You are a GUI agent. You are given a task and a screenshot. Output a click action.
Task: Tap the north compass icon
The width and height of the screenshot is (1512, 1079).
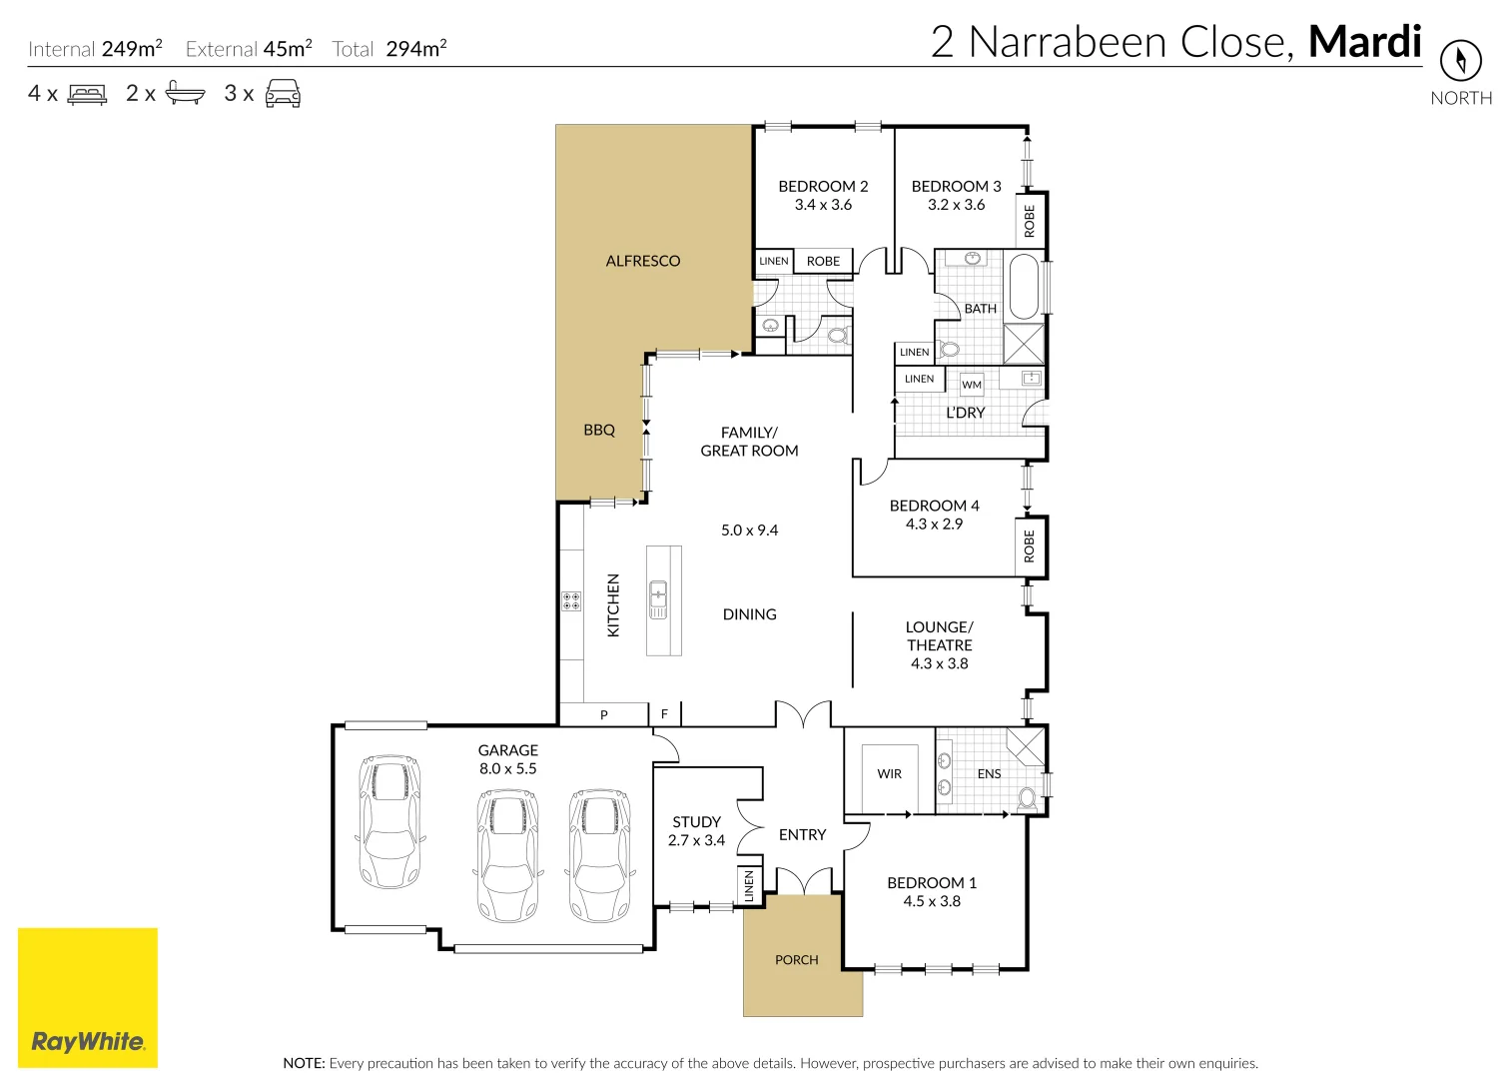point(1460,61)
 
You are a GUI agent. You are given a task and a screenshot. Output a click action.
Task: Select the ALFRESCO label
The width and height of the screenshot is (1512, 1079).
point(642,261)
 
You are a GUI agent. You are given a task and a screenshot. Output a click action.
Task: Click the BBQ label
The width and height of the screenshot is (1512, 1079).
point(599,430)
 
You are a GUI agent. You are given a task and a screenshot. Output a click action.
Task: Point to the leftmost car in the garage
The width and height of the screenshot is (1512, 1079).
point(389,821)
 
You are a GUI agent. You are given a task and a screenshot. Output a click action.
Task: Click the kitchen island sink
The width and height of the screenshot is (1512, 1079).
point(658,600)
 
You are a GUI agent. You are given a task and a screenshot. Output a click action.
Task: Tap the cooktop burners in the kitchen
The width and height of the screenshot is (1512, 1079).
point(571,600)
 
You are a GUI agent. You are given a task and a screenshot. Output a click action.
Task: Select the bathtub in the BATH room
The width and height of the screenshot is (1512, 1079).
point(1025,287)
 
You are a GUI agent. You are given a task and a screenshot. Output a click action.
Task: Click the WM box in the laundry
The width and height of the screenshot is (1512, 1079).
point(972,385)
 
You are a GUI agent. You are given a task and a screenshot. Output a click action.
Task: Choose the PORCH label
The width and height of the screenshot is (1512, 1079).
point(796,960)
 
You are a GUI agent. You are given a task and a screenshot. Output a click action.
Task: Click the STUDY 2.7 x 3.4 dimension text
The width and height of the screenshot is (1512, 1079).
point(696,840)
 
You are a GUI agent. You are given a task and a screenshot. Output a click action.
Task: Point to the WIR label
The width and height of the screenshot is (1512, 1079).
point(889,774)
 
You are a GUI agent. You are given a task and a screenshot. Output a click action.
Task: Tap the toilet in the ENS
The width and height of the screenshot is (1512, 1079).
point(1027,798)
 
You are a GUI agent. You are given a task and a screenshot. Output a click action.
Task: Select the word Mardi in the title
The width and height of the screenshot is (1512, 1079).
point(1364,42)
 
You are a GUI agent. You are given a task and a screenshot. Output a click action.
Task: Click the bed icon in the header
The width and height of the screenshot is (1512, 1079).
point(88,94)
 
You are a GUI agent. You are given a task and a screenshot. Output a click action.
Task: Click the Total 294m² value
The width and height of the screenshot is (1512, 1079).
point(415,49)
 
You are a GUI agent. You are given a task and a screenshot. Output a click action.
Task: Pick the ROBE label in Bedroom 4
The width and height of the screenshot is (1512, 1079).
point(1030,545)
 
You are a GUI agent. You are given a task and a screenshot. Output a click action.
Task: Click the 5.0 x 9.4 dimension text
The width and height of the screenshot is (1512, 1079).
point(749,531)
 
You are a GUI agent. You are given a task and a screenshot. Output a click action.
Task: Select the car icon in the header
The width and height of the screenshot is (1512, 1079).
point(283,94)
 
